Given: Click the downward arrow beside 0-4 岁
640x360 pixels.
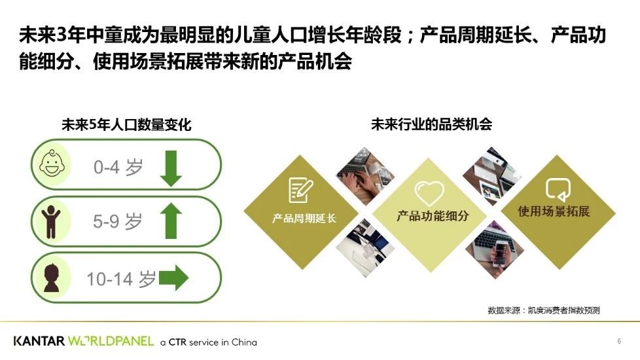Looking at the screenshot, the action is (x=171, y=168).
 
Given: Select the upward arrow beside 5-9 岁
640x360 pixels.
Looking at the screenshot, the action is (x=171, y=221).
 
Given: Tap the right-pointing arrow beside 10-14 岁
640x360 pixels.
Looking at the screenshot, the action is (x=173, y=278).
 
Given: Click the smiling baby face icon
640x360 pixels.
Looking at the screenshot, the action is (x=52, y=164).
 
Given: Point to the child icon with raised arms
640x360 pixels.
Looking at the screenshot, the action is (x=50, y=222).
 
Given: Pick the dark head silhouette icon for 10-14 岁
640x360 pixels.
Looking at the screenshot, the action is (x=52, y=278).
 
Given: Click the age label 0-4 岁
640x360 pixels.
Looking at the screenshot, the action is (x=118, y=168).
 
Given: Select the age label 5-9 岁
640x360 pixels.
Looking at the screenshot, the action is (x=118, y=222).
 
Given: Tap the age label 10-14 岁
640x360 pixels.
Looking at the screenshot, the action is (x=121, y=279).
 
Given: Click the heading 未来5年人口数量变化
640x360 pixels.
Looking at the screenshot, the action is (x=126, y=124).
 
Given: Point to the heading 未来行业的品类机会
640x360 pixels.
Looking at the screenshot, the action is (x=431, y=124).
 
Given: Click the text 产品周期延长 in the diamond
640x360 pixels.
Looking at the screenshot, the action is (x=304, y=219).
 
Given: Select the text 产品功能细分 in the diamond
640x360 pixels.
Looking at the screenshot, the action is (x=433, y=216).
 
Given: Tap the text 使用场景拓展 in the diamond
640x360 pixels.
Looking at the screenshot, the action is (x=554, y=211).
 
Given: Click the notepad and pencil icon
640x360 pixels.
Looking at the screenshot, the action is (x=301, y=190).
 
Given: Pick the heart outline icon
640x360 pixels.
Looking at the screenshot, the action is (x=429, y=193).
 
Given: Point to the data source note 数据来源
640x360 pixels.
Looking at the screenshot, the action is (x=544, y=310).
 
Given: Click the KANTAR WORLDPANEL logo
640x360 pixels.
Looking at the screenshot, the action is (x=84, y=341).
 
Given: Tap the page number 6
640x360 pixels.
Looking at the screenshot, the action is (x=619, y=341).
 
